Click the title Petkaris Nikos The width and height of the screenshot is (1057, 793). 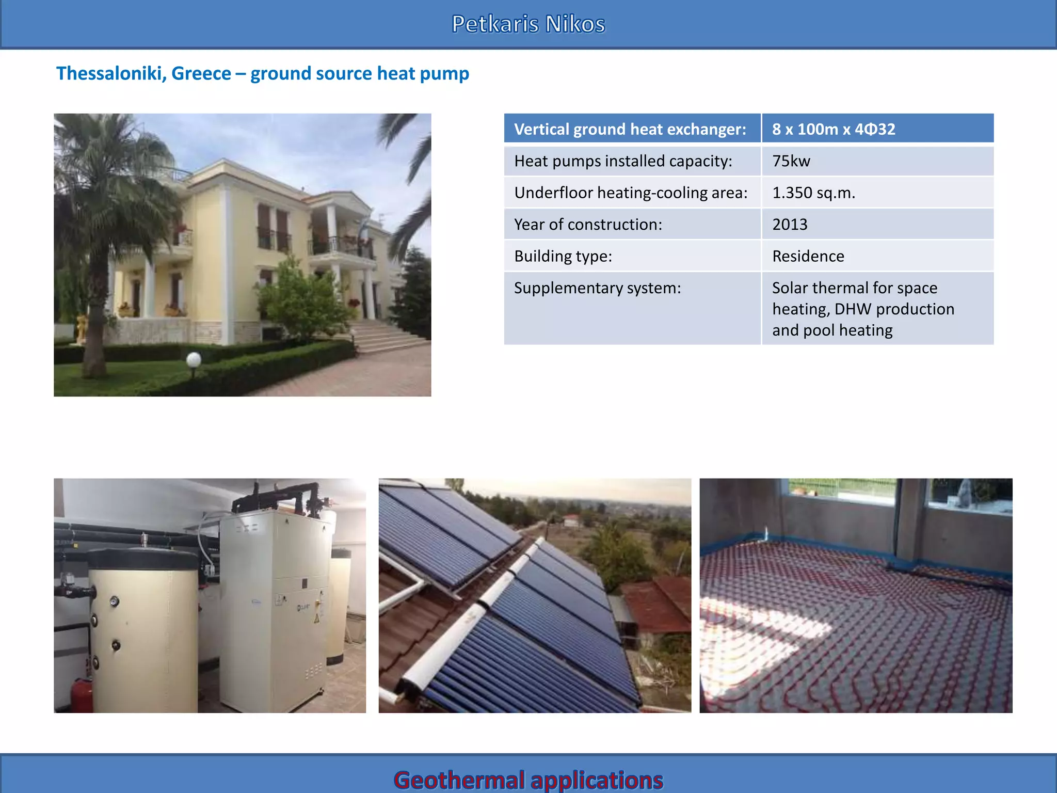click(528, 24)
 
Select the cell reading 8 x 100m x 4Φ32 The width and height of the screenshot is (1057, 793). click(833, 129)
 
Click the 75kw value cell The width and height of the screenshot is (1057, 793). click(791, 161)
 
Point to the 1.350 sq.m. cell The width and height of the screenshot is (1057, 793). click(813, 193)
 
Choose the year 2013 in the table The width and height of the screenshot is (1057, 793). click(790, 225)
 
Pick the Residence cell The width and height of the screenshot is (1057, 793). click(808, 257)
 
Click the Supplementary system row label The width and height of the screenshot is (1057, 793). click(597, 288)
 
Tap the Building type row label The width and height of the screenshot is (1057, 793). click(563, 257)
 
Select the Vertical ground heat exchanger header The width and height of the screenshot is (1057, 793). click(630, 129)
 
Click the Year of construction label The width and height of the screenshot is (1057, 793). click(587, 225)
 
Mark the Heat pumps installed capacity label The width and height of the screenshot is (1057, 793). click(622, 161)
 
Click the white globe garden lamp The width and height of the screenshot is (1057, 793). click(194, 359)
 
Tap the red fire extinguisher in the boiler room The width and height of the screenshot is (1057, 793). click(82, 694)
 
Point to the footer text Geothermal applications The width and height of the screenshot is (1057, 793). click(528, 780)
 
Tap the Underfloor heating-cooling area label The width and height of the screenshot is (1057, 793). click(630, 193)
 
